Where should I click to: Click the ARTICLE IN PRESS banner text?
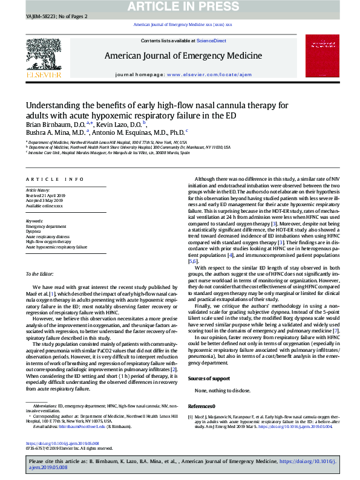point(180,7)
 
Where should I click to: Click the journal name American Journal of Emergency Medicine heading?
point(183,56)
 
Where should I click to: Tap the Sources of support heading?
point(209,378)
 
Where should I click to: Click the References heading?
point(201,406)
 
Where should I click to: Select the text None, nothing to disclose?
point(223,391)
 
